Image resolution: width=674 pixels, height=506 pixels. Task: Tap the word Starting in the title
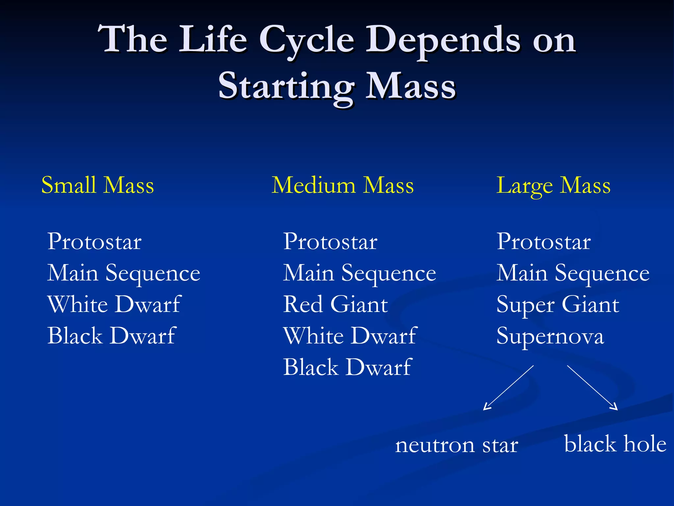(x=286, y=86)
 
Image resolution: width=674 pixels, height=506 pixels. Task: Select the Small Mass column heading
(x=97, y=185)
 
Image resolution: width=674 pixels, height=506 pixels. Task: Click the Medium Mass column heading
(x=343, y=185)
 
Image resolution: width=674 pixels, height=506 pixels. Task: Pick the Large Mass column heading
(x=553, y=186)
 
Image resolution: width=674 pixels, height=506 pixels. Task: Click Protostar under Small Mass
(x=94, y=241)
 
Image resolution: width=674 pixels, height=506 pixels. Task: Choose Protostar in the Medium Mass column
(x=330, y=241)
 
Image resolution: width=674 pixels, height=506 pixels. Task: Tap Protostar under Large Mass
(x=544, y=241)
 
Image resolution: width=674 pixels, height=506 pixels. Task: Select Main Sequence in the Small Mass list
(x=124, y=273)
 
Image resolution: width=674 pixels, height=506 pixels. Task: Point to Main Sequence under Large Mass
(x=573, y=273)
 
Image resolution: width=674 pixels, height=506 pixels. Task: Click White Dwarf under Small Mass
(x=114, y=304)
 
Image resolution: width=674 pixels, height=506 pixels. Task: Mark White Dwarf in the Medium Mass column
(x=350, y=336)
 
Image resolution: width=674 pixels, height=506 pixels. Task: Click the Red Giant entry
(x=336, y=304)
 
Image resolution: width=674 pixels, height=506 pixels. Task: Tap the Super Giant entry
(x=558, y=305)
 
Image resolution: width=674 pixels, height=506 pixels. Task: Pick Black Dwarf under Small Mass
(x=112, y=336)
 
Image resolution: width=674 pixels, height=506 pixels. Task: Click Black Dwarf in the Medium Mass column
(x=348, y=367)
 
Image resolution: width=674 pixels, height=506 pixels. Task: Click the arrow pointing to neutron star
(x=508, y=388)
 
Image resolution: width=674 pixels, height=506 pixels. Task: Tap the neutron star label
(x=456, y=445)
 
